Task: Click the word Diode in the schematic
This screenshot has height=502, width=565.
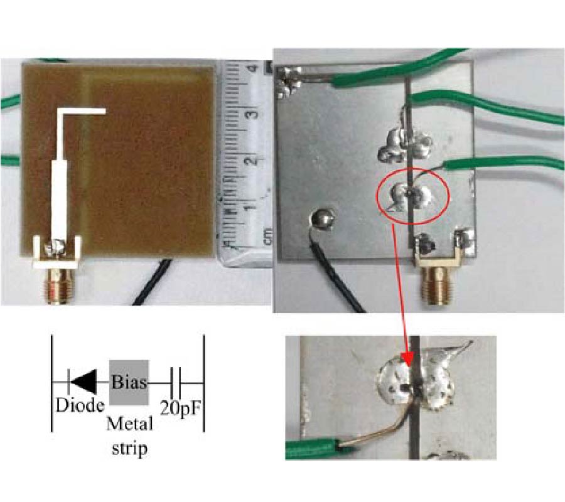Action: [x=80, y=405]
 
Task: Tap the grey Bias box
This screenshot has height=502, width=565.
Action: [x=129, y=382]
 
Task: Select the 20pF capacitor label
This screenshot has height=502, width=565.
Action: [x=180, y=408]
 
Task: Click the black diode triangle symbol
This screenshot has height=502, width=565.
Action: [x=83, y=382]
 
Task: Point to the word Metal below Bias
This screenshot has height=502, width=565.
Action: [x=130, y=424]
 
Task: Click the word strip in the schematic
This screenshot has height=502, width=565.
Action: [x=130, y=448]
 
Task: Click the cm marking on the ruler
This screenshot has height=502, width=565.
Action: [x=268, y=237]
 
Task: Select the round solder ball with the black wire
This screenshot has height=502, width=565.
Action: [x=323, y=218]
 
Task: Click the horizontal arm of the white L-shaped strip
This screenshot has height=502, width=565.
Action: [x=82, y=111]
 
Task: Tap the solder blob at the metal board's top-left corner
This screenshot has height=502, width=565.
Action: [x=288, y=83]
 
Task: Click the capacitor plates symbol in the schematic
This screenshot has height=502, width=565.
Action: [x=176, y=382]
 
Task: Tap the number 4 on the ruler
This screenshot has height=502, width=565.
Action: [x=253, y=68]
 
